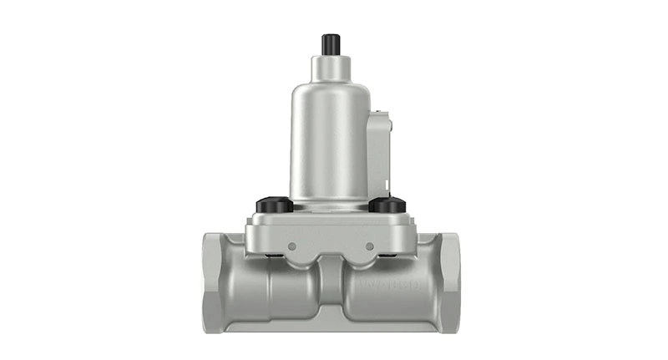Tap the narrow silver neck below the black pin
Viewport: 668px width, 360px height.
click(x=330, y=68)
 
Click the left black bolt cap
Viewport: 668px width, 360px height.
click(x=273, y=204)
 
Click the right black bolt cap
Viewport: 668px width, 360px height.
click(x=387, y=204)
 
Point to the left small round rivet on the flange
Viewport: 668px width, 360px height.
click(x=292, y=246)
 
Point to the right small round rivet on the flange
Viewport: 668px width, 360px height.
click(x=369, y=246)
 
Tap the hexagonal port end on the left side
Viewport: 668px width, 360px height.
click(x=214, y=281)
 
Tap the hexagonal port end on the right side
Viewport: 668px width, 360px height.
click(x=449, y=281)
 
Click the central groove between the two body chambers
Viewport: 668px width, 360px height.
click(x=331, y=288)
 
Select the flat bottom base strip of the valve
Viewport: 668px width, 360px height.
click(x=331, y=327)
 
